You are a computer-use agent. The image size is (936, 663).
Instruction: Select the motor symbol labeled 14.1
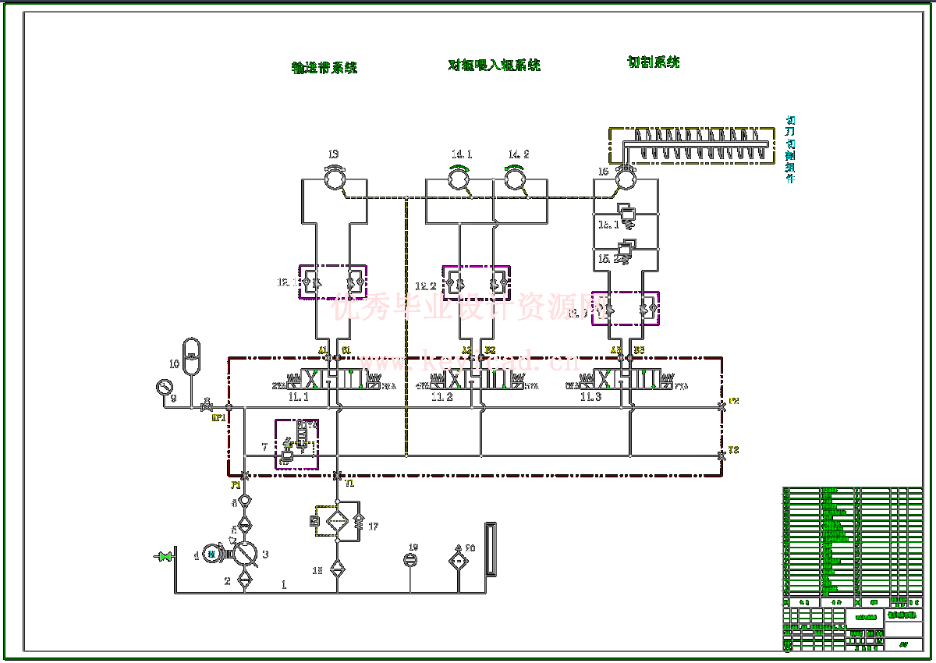coord(459,180)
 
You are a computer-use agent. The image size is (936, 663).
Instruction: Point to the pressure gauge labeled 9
coord(164,388)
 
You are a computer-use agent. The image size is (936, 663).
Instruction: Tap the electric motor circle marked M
coord(211,554)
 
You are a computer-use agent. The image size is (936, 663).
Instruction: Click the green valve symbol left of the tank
coord(165,556)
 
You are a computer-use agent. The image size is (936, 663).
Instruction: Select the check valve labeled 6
coord(244,501)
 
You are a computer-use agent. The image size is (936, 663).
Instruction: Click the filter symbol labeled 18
coord(337,568)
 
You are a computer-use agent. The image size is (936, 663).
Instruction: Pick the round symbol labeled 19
coord(411,560)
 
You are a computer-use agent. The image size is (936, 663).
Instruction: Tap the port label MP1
coord(218,418)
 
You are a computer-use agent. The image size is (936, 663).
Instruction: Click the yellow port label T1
coord(349,484)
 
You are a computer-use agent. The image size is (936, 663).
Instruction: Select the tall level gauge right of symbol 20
coord(490,549)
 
